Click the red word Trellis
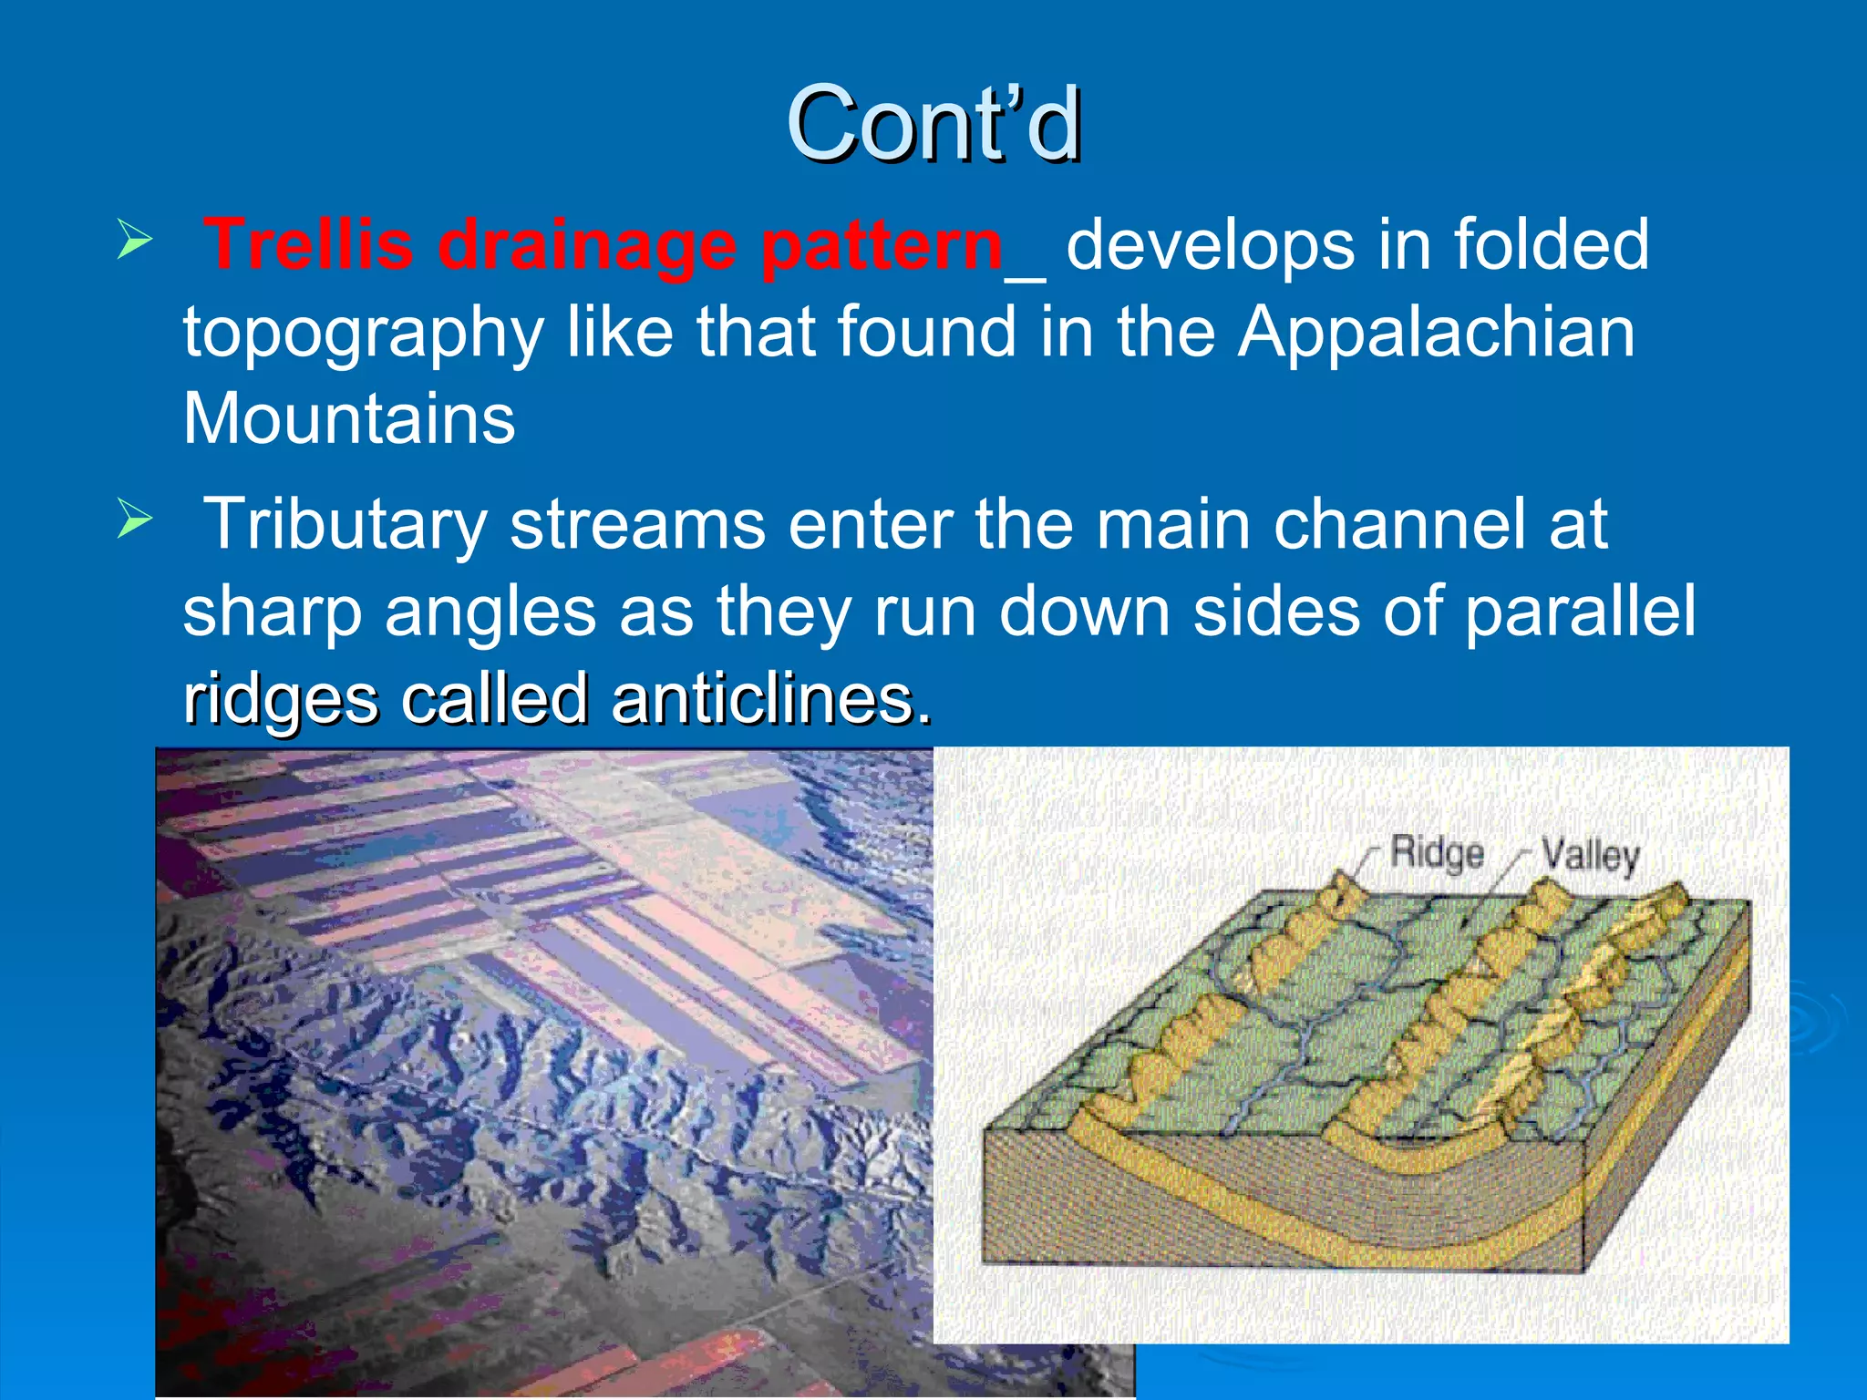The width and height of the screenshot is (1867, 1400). pos(308,244)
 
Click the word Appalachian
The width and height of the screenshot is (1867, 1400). pos(1436,333)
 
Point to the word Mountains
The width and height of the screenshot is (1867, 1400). pos(349,418)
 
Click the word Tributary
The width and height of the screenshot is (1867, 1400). pos(346,525)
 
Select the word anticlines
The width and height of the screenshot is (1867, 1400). pos(771,700)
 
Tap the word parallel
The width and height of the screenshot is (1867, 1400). pos(1580,611)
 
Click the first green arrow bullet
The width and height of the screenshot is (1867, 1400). pos(134,242)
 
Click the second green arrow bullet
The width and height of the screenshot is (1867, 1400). pos(134,520)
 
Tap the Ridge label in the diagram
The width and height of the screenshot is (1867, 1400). pos(1437,854)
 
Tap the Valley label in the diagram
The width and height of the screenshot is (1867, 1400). pos(1590,856)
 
